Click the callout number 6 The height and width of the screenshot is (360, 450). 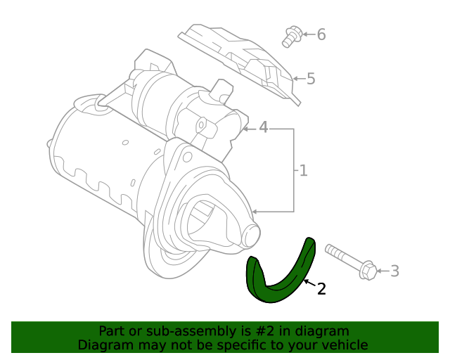click(321, 34)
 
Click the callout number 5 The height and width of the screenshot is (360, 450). click(311, 79)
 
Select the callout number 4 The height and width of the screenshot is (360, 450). click(263, 128)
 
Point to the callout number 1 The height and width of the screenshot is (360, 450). click(303, 170)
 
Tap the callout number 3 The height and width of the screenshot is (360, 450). click(394, 271)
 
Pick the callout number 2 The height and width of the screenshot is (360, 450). click(321, 288)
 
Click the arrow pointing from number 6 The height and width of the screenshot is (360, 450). click(308, 34)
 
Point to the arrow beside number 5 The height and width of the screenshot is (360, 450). click(299, 79)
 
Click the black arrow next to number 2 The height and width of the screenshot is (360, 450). click(309, 283)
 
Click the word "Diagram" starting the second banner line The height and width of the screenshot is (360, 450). click(103, 345)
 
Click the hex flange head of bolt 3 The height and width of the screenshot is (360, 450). click(368, 269)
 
